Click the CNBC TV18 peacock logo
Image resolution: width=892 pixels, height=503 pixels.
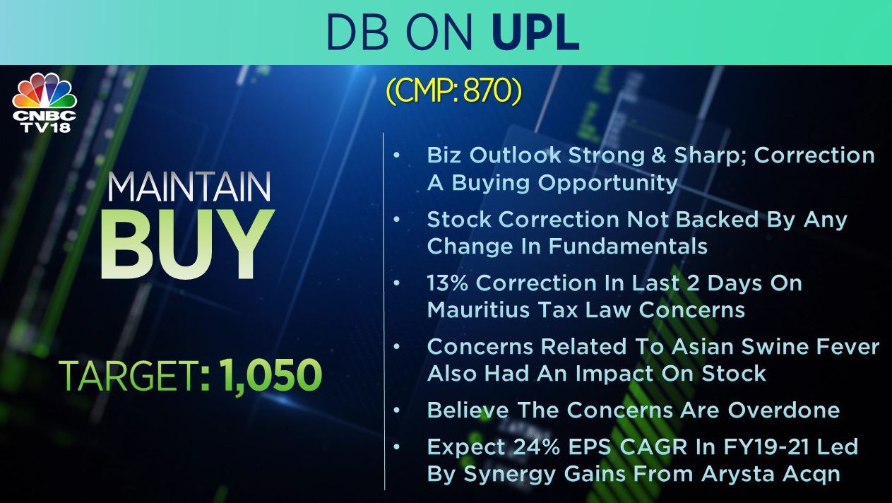point(44,102)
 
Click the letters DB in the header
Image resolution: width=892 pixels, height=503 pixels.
point(357,32)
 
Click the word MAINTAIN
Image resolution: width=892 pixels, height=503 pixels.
point(189,187)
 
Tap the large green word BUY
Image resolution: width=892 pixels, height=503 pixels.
point(187,244)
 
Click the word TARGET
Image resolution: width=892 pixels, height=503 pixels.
point(129,375)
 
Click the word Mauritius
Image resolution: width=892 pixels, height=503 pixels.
point(478,310)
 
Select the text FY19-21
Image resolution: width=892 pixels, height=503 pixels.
point(766,447)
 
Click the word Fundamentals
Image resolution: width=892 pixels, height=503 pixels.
point(628,246)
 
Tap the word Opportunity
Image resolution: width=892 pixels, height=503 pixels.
point(607,183)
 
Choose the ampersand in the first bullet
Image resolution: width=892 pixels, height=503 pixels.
point(659,155)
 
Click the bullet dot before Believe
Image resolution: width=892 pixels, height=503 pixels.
point(397,410)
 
